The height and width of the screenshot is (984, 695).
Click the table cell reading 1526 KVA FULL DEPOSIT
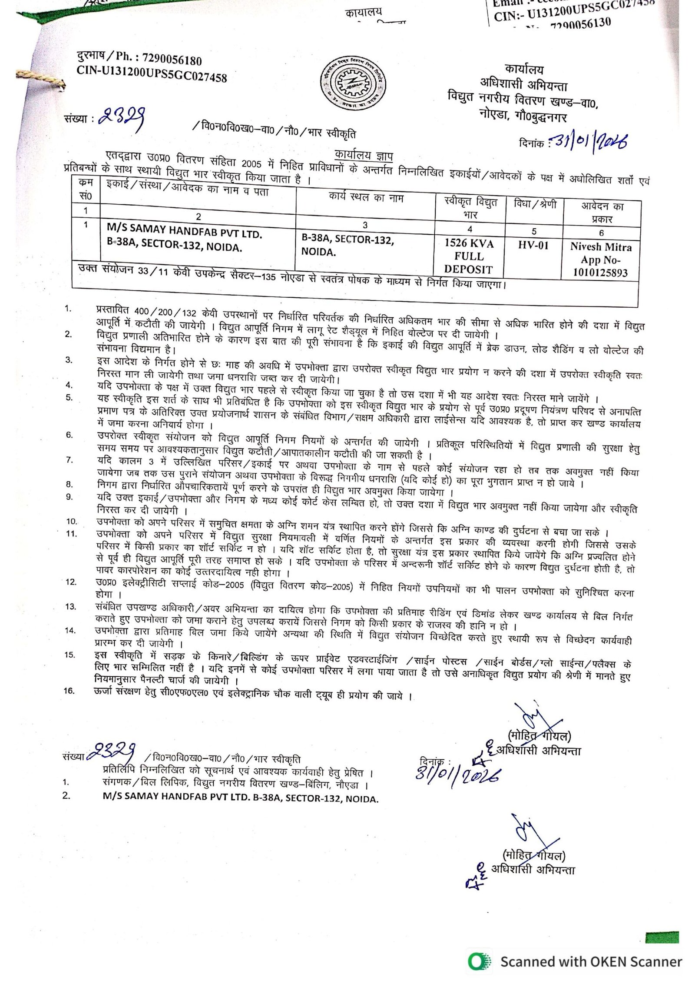[x=469, y=256]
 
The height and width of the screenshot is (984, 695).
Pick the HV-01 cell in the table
[x=533, y=246]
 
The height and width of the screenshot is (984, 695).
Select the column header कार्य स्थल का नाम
[x=366, y=198]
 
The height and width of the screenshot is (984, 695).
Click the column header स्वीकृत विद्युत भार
[x=470, y=208]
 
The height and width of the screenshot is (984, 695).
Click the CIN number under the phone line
[x=152, y=76]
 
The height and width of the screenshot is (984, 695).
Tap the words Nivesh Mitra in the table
[x=601, y=247]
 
